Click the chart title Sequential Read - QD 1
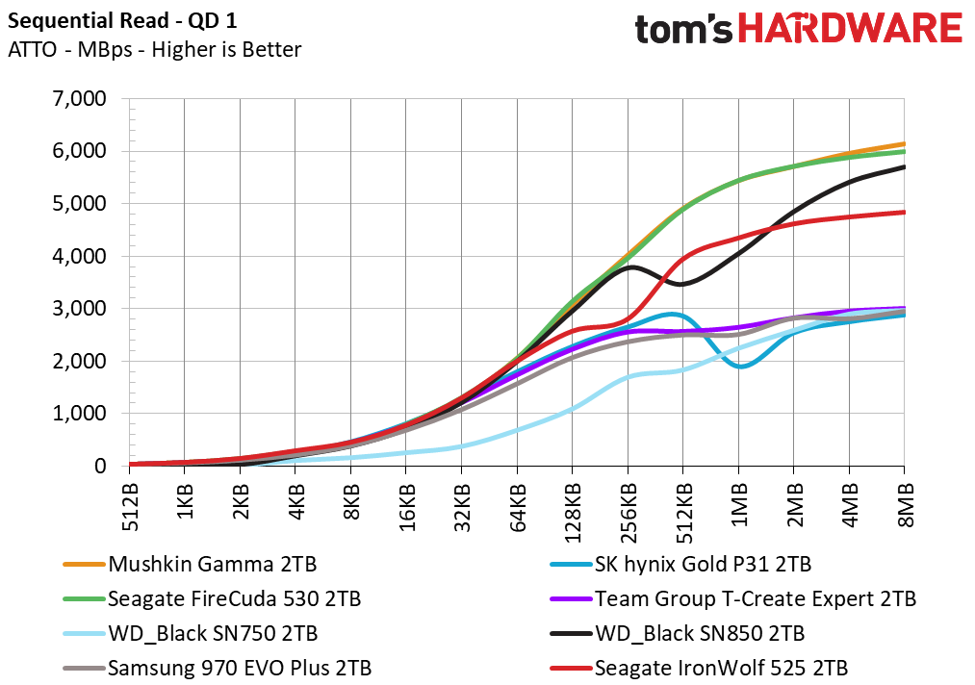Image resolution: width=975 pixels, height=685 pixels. [122, 21]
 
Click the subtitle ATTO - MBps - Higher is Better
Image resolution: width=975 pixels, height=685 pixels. [155, 50]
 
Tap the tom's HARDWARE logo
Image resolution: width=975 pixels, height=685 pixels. [799, 29]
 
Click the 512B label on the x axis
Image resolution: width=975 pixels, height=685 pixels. [130, 507]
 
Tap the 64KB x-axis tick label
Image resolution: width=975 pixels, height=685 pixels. [518, 508]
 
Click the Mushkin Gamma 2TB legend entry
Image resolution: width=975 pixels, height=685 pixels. [190, 565]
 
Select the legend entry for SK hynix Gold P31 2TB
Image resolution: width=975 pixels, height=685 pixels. [680, 565]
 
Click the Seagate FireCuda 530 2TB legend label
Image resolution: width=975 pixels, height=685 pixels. [212, 599]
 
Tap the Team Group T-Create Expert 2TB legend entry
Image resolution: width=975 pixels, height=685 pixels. [733, 599]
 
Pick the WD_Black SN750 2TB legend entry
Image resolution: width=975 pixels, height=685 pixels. [191, 634]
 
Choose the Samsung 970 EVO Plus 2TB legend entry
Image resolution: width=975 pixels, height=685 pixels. [217, 669]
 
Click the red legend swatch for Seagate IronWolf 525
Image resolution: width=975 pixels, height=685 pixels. [571, 669]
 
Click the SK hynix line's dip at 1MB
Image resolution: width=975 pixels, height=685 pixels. [740, 367]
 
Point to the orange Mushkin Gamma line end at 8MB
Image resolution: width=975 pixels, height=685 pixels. [904, 143]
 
